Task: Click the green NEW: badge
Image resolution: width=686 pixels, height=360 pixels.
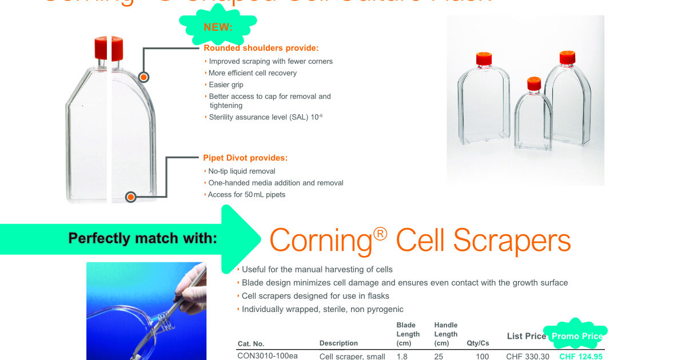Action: pos(218,26)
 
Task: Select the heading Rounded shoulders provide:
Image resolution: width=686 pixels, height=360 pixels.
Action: pos(261,48)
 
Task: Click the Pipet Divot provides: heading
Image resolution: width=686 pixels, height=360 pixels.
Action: pos(245,158)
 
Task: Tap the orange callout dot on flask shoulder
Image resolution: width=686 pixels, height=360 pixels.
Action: pos(144,77)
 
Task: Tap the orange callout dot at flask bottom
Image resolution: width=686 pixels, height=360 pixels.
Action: pos(130,197)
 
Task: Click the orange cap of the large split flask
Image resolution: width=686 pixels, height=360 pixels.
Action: pos(109,48)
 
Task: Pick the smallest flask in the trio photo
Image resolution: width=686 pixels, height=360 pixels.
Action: pos(533,117)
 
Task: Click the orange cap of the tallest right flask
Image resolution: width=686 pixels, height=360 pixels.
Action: pos(567,57)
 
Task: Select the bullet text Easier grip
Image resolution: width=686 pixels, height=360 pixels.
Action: pos(226,85)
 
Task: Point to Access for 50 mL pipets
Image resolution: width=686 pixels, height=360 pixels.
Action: pos(246,194)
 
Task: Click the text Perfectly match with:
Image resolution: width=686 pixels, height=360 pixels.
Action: pos(142,238)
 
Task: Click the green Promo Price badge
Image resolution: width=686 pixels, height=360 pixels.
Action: pos(577,336)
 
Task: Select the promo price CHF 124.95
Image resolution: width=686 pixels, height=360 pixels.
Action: pos(580,356)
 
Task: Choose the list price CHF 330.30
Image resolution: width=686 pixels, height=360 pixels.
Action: pos(527,356)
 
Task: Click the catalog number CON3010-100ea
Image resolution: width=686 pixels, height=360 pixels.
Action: pos(267,356)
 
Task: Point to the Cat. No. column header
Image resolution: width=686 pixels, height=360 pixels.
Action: pos(250,343)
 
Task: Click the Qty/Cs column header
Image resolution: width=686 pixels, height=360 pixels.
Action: pos(477,343)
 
